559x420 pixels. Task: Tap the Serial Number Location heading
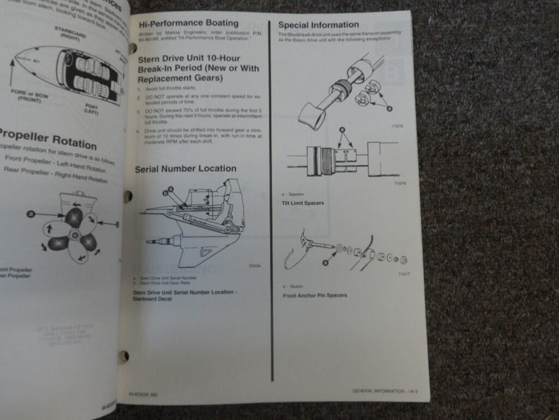pyautogui.click(x=185, y=168)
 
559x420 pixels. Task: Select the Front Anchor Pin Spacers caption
pyautogui.click(x=315, y=295)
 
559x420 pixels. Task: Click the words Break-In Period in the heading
pyautogui.click(x=167, y=71)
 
